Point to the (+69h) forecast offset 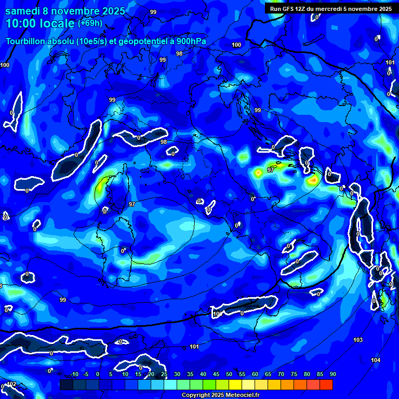(x=89, y=23)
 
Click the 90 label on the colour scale (x=332, y=374)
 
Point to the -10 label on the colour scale (x=74, y=374)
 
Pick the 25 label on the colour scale (x=164, y=374)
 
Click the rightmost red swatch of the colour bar (x=326, y=384)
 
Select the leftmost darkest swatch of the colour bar (x=66, y=384)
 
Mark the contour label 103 (x=358, y=340)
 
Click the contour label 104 (x=376, y=360)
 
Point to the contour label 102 (x=11, y=384)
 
